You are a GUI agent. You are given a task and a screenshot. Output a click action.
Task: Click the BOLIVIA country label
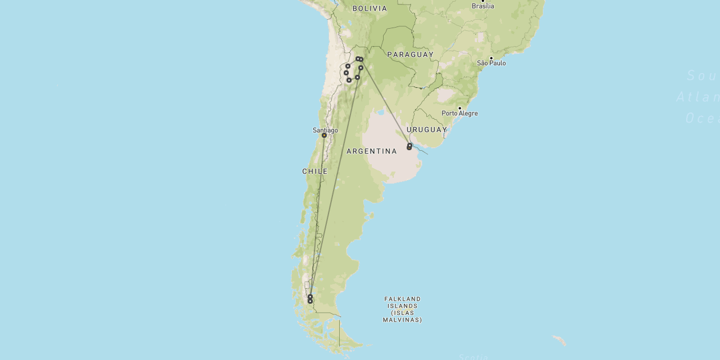point(370,8)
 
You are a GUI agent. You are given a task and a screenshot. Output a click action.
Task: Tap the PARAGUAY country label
point(410,55)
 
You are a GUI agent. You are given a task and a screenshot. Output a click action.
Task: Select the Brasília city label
point(483,6)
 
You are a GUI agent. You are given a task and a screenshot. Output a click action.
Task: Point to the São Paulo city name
point(491,63)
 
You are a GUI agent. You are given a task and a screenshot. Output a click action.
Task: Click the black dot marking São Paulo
point(491,58)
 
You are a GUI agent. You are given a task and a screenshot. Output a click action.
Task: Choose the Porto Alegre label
point(459,113)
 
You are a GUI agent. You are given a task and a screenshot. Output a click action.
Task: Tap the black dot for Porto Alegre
point(460,108)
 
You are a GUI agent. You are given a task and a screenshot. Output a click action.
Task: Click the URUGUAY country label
point(426,129)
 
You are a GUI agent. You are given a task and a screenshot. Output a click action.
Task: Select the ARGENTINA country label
point(372,151)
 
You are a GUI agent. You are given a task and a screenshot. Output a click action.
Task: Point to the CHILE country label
point(314,171)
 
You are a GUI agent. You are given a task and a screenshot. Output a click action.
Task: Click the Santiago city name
point(325,130)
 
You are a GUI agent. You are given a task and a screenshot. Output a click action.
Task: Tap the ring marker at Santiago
point(324,136)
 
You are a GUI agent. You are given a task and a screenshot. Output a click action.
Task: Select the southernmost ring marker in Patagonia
point(310,301)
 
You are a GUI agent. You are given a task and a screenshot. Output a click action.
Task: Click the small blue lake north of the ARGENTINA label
point(381,112)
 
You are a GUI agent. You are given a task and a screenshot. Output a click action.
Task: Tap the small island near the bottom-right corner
point(559,340)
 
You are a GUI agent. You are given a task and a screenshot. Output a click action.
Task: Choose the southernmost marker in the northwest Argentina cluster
point(349,80)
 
